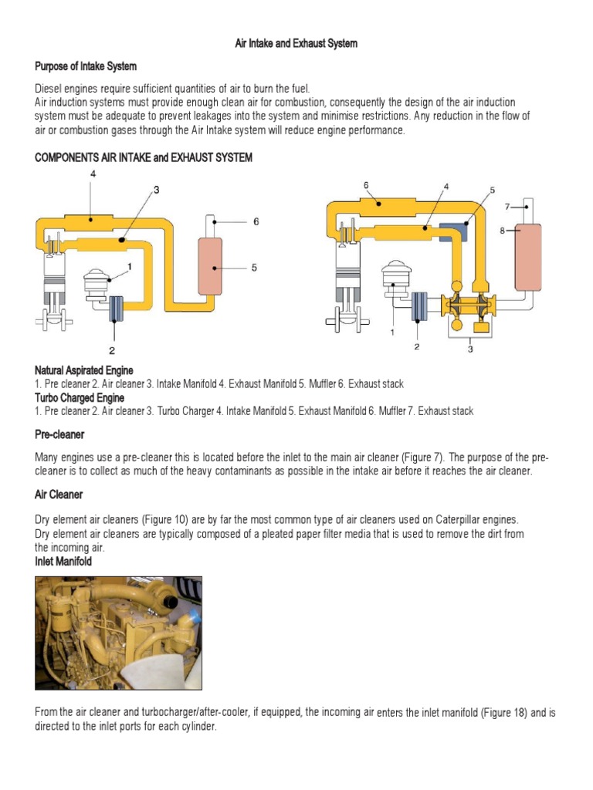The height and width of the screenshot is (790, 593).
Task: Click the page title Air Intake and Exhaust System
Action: coord(296,44)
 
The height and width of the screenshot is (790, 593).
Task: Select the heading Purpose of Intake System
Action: coord(86,66)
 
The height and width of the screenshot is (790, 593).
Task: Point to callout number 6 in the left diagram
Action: coord(256,221)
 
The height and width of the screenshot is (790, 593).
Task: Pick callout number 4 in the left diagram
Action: coord(93,174)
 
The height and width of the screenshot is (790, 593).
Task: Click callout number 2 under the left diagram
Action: coord(113,349)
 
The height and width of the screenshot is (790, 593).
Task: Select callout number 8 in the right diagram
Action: coord(503,230)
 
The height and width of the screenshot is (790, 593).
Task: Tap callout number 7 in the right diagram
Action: coord(507,206)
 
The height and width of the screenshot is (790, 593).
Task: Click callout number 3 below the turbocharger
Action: coord(470,349)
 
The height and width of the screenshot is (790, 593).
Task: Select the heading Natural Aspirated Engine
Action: coord(83,371)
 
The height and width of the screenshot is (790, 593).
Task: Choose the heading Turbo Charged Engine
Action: coord(80,397)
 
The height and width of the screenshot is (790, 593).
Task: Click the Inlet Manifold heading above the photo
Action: coord(63,562)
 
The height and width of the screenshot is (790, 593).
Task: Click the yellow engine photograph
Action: coord(118,633)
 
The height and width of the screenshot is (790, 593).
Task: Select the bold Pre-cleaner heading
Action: coord(59,434)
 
